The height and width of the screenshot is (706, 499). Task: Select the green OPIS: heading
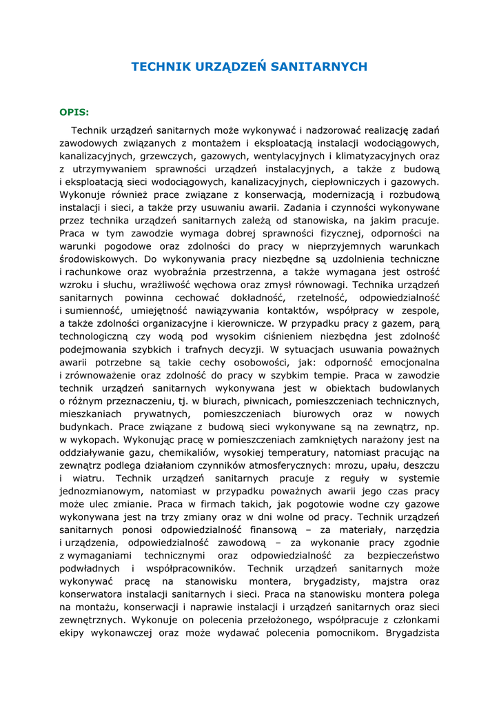[x=74, y=111]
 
